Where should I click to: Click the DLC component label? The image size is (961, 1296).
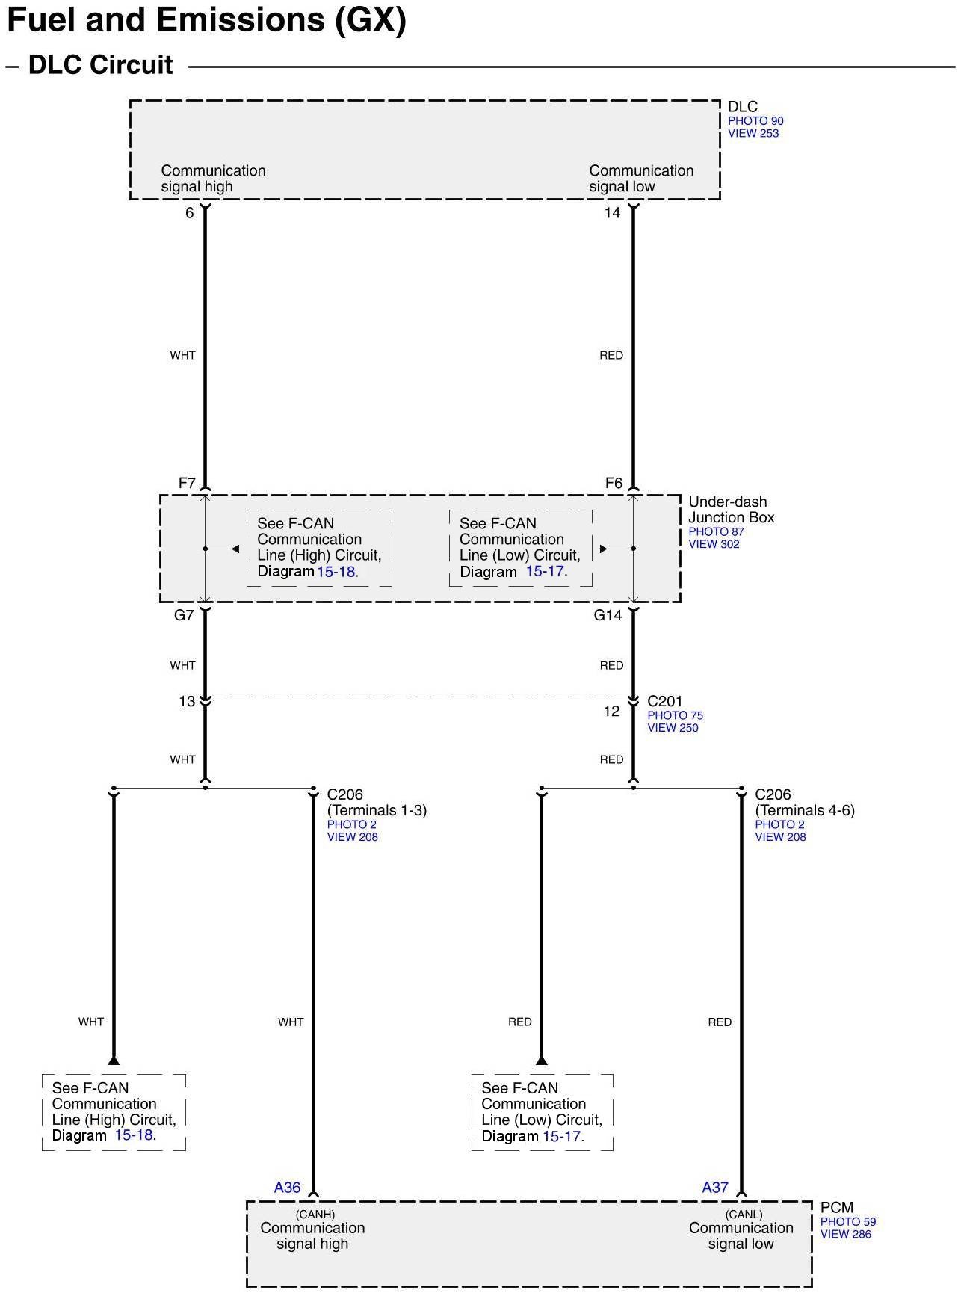[742, 107]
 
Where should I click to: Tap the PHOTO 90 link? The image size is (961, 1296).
[755, 121]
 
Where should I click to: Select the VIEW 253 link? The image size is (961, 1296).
[753, 134]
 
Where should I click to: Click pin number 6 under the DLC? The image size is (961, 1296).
[190, 213]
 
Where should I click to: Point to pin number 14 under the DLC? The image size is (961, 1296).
[612, 213]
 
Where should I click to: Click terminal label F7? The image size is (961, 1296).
[187, 483]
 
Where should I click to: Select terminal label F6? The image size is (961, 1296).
[614, 483]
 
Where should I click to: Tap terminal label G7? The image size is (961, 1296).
[184, 615]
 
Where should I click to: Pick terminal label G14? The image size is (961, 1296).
[608, 615]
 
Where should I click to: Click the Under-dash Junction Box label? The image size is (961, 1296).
[731, 510]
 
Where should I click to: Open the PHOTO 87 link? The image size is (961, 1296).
[716, 532]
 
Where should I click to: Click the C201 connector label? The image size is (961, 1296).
[664, 701]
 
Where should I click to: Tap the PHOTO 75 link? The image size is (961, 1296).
[675, 715]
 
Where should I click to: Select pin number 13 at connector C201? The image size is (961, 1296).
[187, 701]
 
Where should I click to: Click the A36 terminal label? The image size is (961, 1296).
[287, 1187]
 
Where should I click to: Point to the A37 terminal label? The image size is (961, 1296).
[714, 1187]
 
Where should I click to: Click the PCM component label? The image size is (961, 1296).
[836, 1207]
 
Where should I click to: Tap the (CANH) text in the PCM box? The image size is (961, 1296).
[315, 1215]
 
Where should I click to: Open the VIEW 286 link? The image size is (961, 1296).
[845, 1234]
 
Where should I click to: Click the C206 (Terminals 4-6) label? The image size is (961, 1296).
[804, 803]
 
